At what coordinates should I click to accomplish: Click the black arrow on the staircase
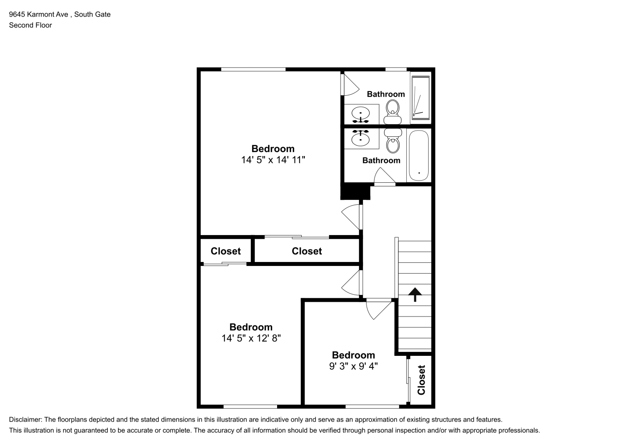415,294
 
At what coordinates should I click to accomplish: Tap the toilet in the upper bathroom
392,112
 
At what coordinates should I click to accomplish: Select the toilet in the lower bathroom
393,140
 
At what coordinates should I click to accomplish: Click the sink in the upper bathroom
361,114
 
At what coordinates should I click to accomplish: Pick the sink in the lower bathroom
361,138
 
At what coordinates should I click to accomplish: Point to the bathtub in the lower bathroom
419,156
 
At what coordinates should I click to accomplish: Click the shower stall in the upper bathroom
421,97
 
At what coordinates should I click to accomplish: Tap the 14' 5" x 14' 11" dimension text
273,160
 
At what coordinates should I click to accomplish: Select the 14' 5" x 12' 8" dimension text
251,338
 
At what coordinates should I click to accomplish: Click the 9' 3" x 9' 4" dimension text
353,366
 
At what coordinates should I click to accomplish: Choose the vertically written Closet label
421,380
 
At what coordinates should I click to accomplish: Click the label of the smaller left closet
225,251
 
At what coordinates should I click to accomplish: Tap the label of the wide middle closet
307,251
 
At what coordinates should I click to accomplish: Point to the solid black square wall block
355,191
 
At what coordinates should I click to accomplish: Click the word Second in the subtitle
19,25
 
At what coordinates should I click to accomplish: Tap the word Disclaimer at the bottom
25,420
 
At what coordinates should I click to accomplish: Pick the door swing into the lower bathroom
384,175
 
